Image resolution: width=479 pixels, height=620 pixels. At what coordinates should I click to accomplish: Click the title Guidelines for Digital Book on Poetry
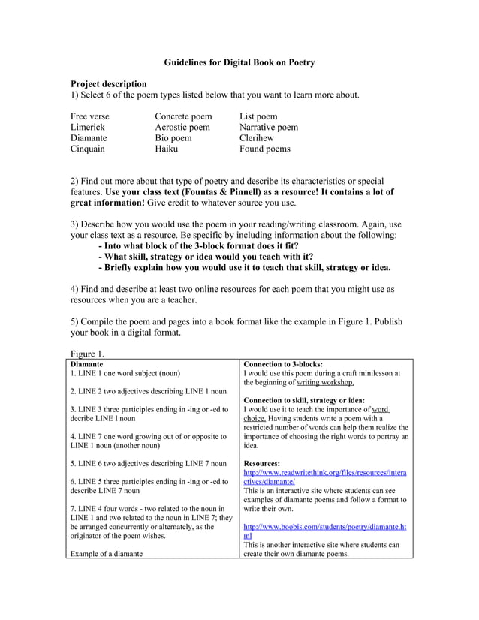click(239, 62)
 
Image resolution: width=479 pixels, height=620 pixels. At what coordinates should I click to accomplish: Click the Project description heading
click(108, 83)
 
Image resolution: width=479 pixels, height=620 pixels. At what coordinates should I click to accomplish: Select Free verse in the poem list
click(89, 116)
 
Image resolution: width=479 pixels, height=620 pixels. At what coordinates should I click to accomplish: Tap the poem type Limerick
click(88, 128)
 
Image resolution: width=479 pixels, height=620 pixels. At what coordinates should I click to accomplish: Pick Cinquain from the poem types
click(88, 149)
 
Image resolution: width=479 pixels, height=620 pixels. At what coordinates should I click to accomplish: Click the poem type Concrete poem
click(183, 116)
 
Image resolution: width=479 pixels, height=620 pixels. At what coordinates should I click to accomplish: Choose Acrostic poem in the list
click(182, 128)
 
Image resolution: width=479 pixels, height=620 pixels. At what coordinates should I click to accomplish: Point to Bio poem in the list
click(173, 138)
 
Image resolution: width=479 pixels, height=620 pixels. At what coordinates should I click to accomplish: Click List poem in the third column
click(258, 116)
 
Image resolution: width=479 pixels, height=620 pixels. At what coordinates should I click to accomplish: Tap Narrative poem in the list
click(269, 128)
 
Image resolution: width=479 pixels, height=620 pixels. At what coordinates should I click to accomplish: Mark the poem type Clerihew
click(257, 138)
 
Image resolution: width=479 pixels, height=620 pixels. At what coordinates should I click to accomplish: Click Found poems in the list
click(264, 149)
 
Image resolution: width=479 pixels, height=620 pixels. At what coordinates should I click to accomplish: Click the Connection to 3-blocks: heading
click(283, 363)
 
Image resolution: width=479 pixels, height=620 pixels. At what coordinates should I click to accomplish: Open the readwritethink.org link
click(324, 473)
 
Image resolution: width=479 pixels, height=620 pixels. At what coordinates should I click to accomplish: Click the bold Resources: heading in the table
click(262, 464)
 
